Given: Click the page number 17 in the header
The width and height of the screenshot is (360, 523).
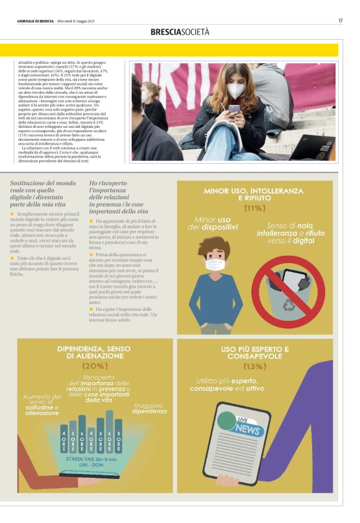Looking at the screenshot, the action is pos(340,20).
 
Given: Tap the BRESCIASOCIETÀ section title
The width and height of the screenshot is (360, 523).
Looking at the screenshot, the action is pos(180,32).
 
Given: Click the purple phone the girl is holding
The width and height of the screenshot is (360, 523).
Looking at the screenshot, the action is pos(234,110).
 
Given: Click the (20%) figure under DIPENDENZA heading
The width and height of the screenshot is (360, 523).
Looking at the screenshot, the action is pos(94,366).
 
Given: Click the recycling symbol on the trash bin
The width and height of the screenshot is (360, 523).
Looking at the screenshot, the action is pos(289,305).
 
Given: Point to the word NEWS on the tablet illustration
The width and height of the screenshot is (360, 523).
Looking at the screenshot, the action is pos(247,430).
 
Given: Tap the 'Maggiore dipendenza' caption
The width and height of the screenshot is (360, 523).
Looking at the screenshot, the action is pos(150,408).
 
